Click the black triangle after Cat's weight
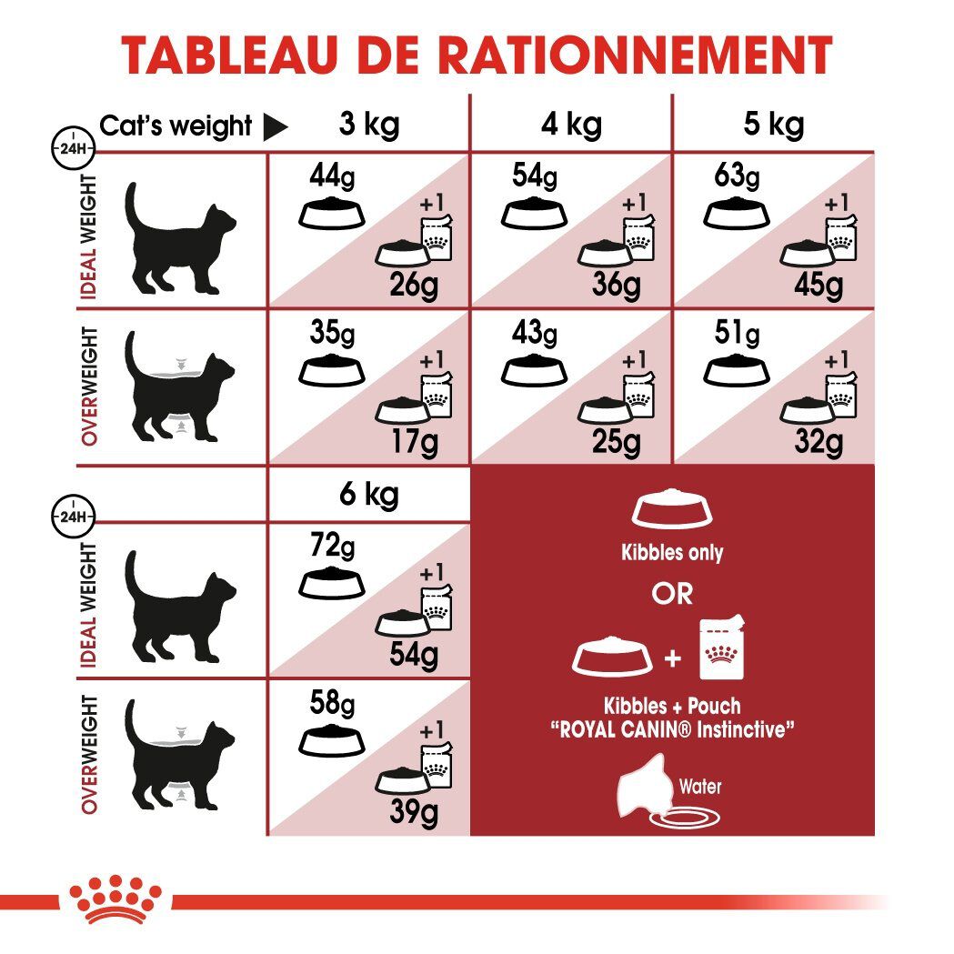click(x=275, y=127)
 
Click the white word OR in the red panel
click(x=672, y=594)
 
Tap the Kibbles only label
click(x=672, y=552)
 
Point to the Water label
click(x=700, y=785)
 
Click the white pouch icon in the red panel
click(x=722, y=649)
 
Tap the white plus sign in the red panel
click(x=673, y=658)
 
